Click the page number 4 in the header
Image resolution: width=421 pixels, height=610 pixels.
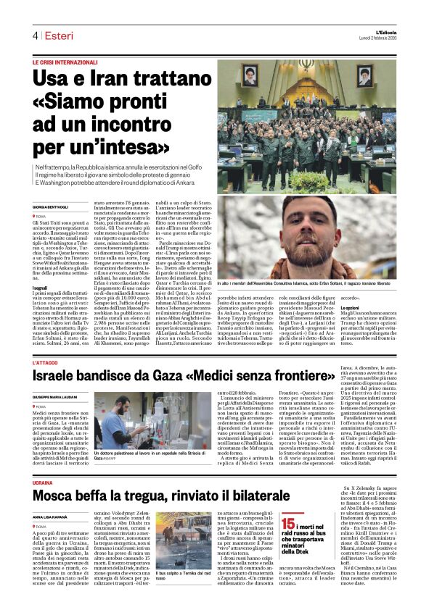[x=34, y=35]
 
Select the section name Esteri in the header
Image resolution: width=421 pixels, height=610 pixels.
[x=55, y=35]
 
